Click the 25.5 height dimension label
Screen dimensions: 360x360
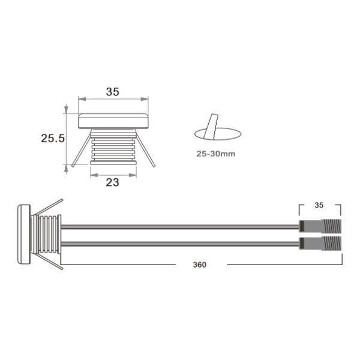point(53,138)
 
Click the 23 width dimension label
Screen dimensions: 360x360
point(112,182)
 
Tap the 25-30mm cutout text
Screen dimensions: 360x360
point(215,154)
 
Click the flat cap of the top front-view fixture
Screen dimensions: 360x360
point(114,121)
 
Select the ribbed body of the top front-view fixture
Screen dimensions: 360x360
point(113,147)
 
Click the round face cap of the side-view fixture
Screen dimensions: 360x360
point(23,235)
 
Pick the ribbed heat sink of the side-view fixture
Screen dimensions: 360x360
point(47,235)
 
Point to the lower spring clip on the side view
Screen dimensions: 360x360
point(48,264)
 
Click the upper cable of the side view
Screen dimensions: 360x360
point(180,227)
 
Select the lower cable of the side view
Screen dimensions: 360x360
point(180,244)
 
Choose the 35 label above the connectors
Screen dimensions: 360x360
point(319,205)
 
